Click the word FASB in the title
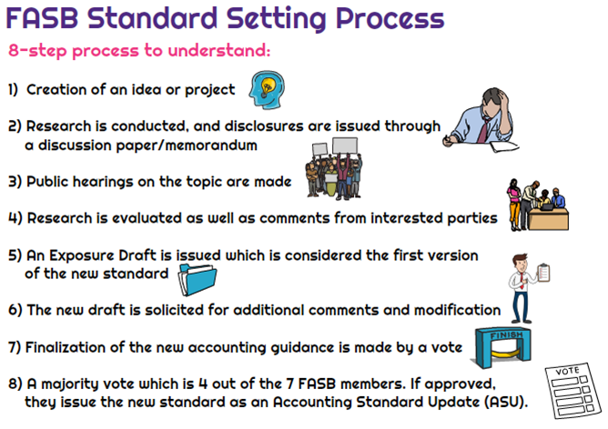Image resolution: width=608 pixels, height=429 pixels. [52, 18]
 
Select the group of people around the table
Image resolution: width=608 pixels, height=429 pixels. [537, 209]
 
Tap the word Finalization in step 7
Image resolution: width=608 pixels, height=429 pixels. [70, 347]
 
